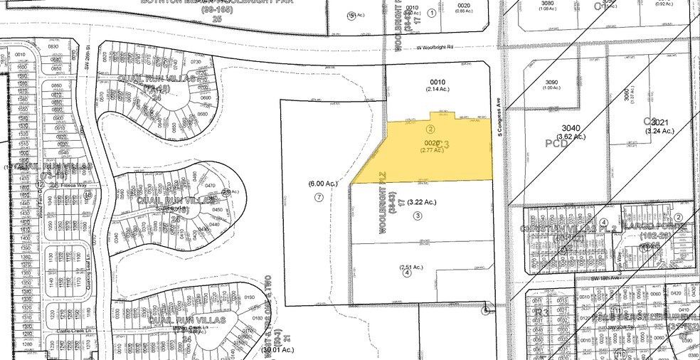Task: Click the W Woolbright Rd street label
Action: pyautogui.click(x=434, y=48)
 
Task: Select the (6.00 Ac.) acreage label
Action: pyautogui.click(x=318, y=184)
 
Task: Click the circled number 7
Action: pyautogui.click(x=319, y=197)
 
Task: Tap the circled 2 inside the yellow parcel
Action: pyautogui.click(x=430, y=129)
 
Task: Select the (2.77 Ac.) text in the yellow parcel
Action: pyautogui.click(x=433, y=150)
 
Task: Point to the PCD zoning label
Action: pyautogui.click(x=556, y=143)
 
